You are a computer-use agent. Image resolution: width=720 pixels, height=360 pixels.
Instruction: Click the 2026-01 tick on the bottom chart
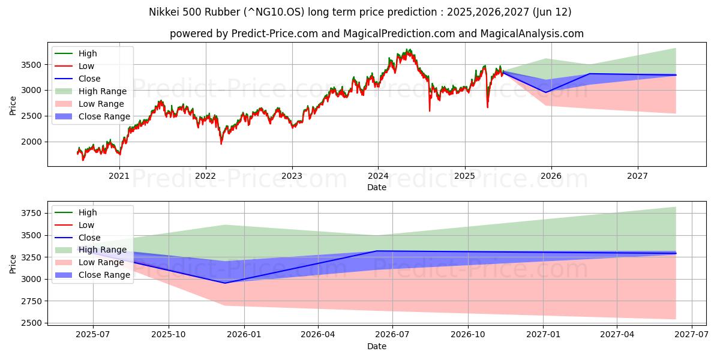pos(243,334)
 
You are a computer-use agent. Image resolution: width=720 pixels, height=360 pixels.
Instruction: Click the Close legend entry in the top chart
pos(90,79)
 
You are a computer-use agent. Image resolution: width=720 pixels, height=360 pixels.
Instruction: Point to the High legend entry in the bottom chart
pos(88,212)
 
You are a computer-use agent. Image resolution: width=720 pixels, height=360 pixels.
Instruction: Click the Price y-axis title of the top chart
pos(13,105)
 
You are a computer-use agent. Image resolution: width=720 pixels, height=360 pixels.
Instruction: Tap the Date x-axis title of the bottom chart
pos(377,346)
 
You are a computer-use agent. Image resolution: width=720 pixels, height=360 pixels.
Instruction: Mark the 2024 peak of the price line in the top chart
pos(409,50)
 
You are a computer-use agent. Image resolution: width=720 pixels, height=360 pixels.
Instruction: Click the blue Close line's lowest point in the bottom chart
pos(225,283)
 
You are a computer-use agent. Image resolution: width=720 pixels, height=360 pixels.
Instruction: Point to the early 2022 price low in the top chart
pos(221,143)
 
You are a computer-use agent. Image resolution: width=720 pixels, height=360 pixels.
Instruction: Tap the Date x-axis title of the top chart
pos(377,187)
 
